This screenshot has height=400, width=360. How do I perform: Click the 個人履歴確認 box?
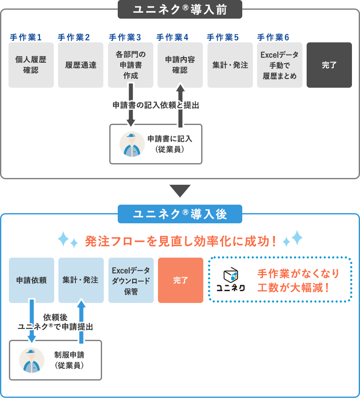[x=31, y=65]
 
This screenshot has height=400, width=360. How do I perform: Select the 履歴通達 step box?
[x=80, y=65]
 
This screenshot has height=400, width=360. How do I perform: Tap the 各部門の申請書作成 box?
[x=130, y=65]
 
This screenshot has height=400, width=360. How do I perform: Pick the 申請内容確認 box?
[x=180, y=65]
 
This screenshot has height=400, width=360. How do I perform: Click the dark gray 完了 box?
[x=329, y=65]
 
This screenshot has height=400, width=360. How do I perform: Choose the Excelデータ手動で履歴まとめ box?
[x=280, y=65]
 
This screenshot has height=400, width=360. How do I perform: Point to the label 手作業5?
[x=222, y=37]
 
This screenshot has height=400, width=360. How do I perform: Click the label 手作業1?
[x=25, y=37]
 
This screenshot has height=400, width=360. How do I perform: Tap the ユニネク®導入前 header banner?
[x=180, y=9]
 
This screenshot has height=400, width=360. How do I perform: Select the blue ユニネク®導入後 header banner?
[x=180, y=214]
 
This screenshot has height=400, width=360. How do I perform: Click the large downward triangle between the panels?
[x=180, y=191]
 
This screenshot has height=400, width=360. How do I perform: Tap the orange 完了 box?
[x=180, y=280]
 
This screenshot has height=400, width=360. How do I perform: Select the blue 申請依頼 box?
[x=31, y=280]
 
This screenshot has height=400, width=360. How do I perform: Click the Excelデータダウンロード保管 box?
[x=131, y=280]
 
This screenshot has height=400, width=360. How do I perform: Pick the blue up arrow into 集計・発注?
[x=81, y=321]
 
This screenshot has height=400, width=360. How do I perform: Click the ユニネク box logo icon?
[x=231, y=275]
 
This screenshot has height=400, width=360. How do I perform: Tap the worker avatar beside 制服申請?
[x=32, y=360]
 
